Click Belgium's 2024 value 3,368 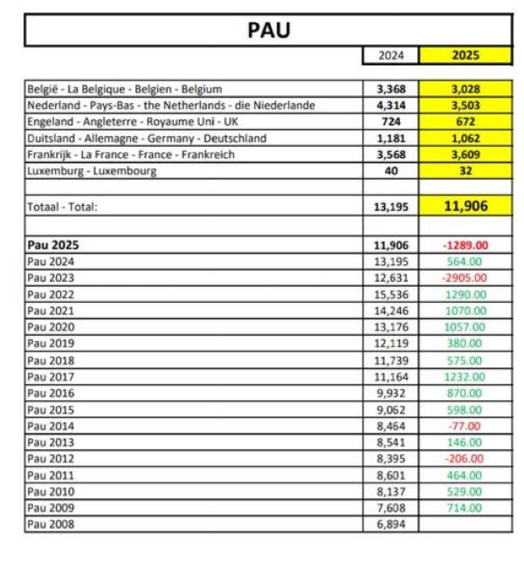pyautogui.click(x=390, y=89)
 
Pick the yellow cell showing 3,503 pyautogui.click(x=465, y=106)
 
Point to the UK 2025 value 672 pyautogui.click(x=465, y=122)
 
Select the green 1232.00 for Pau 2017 pyautogui.click(x=465, y=378)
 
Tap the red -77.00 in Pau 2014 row pyautogui.click(x=465, y=427)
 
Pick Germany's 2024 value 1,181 pyautogui.click(x=390, y=138)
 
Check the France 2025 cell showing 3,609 pyautogui.click(x=465, y=154)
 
